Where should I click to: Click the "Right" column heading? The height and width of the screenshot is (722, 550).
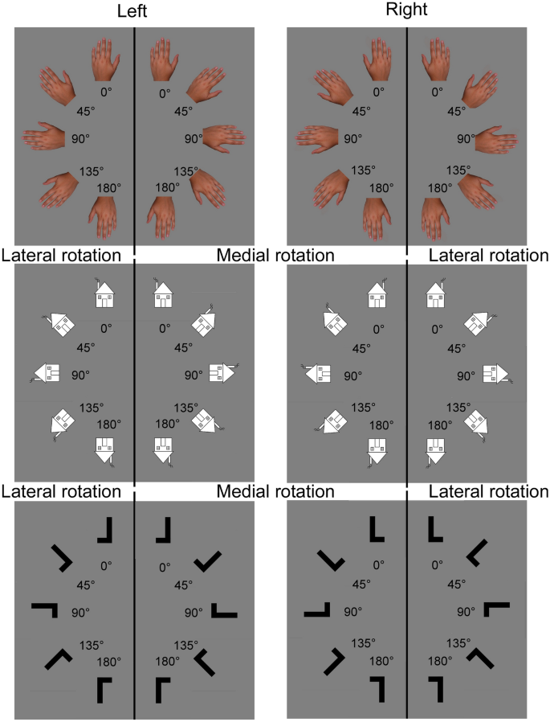pos(407,12)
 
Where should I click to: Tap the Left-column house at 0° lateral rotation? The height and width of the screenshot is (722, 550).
pos(104,294)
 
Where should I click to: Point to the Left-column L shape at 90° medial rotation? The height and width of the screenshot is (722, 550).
pos(224,610)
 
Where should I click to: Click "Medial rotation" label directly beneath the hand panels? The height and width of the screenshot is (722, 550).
pos(275,256)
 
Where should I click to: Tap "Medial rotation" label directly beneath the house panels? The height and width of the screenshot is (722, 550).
pos(275,490)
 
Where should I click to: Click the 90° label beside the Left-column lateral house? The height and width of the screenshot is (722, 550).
pos(80,375)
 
